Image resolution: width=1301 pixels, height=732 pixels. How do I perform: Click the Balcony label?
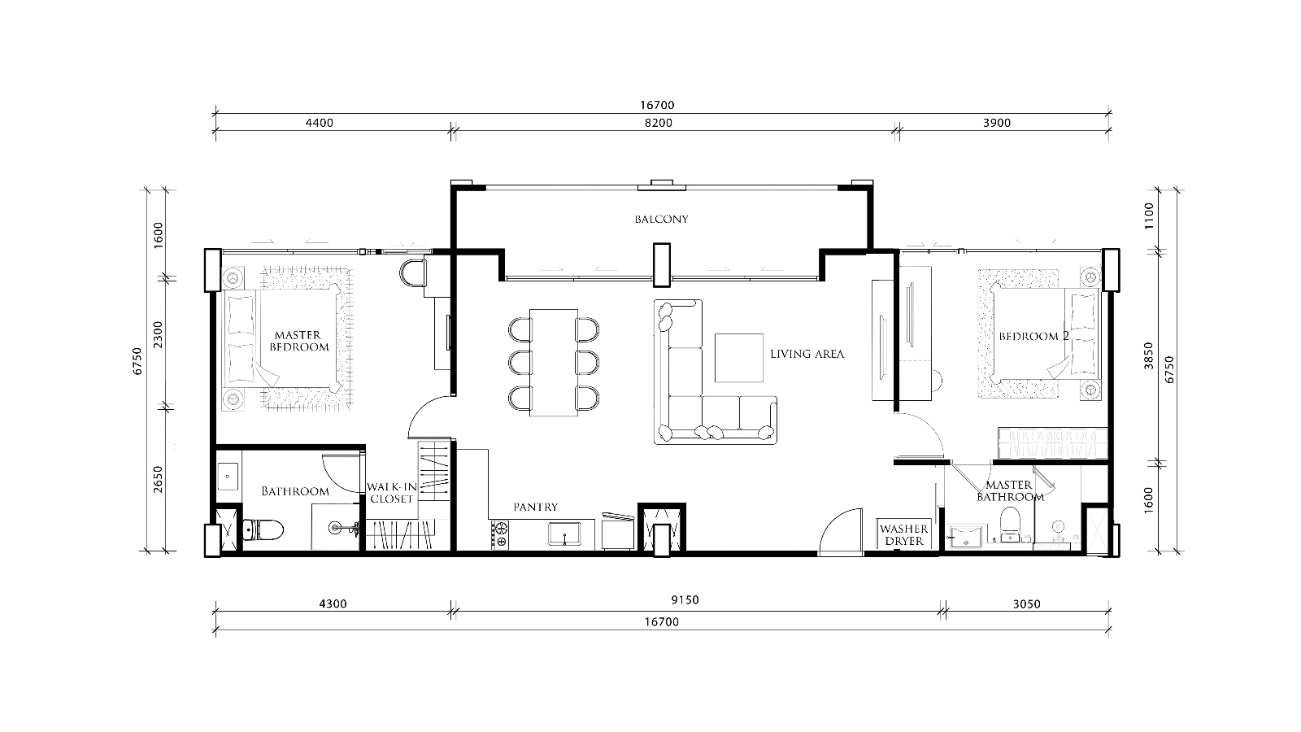[x=661, y=219]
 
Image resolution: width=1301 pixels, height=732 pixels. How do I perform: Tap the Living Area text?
[x=807, y=354]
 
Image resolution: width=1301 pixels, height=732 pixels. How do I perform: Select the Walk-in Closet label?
[x=391, y=493]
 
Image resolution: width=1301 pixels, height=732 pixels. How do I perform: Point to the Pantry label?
[x=536, y=508]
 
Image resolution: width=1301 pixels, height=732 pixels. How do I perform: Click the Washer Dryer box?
[x=904, y=534]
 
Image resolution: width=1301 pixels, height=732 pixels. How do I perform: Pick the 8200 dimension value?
[x=659, y=123]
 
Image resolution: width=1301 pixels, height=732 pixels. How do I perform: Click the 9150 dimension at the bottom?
[x=685, y=600]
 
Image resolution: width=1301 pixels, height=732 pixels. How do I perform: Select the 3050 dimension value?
[x=1026, y=604]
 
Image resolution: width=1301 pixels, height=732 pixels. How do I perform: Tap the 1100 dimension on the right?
[x=1149, y=216]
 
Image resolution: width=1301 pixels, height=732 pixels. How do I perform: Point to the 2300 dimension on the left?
[x=158, y=335]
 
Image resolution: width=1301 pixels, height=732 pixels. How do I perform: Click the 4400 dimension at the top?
[x=320, y=123]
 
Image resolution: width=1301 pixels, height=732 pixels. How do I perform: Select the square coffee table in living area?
[x=739, y=358]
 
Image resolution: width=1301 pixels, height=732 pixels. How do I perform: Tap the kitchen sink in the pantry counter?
[x=564, y=534]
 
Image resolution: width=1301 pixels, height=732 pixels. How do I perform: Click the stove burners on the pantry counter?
[x=500, y=535]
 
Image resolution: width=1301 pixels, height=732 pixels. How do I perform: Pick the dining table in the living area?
[x=554, y=363]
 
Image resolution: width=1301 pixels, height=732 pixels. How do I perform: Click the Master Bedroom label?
[x=298, y=341]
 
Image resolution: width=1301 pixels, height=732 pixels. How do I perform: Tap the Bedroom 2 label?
[x=1033, y=337]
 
